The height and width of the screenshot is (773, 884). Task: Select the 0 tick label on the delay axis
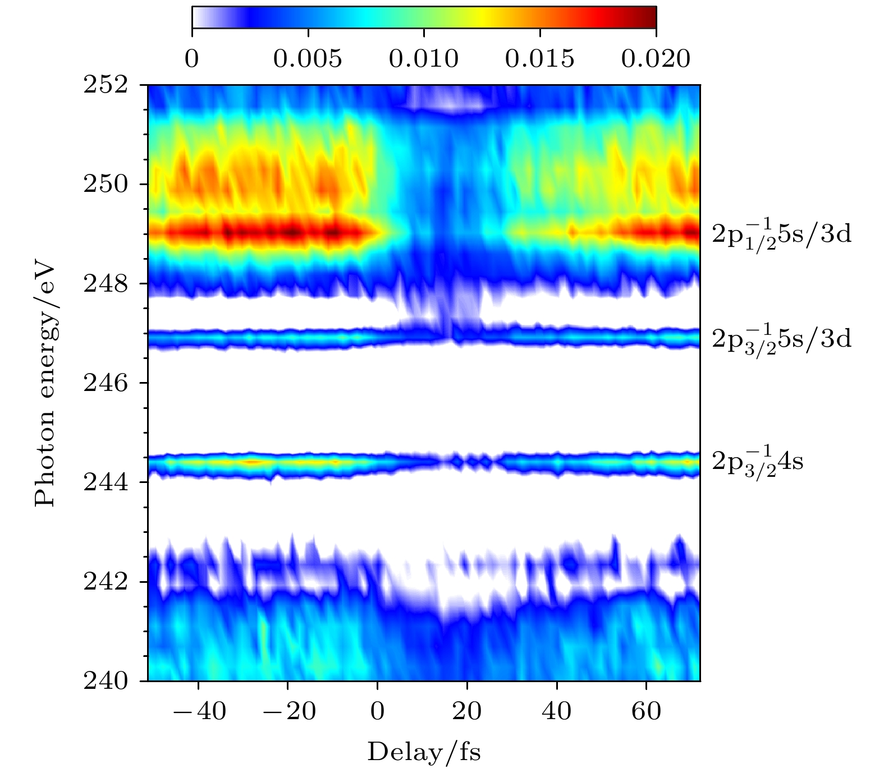pyautogui.click(x=378, y=711)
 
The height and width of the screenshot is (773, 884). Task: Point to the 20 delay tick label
pyautogui.click(x=467, y=711)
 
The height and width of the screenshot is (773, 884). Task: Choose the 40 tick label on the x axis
pyautogui.click(x=556, y=711)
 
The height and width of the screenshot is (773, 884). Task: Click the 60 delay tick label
pyautogui.click(x=646, y=711)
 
